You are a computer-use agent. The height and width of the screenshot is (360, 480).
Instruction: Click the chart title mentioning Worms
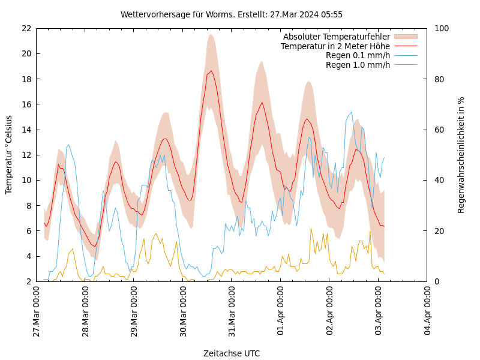point(232,14)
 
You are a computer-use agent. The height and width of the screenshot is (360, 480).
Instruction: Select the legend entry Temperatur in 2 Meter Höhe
point(335,46)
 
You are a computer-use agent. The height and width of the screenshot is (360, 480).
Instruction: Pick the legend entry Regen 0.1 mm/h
point(358,55)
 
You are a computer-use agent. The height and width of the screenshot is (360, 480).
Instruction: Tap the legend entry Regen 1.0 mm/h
point(358,64)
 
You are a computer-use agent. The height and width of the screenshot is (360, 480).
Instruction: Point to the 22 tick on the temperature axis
point(26,28)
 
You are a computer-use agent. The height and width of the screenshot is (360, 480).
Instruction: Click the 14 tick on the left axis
point(26,130)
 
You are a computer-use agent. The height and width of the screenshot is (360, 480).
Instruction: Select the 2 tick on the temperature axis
point(28,281)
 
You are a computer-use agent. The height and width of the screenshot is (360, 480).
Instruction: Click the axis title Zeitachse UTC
point(232,353)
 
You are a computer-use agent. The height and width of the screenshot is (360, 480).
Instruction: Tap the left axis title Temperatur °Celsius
point(9,154)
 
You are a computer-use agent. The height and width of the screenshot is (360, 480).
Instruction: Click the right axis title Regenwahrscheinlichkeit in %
point(461,155)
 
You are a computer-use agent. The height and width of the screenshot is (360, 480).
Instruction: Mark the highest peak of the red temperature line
point(211,71)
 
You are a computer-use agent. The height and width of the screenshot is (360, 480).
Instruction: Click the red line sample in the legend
point(406,46)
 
